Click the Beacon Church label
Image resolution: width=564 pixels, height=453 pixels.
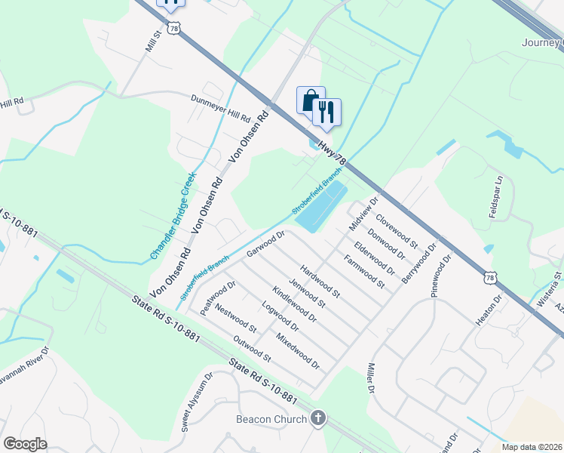pos(271,419)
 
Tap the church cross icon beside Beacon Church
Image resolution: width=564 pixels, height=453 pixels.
pos(318,418)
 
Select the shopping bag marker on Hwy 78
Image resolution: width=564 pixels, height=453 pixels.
pos(310,100)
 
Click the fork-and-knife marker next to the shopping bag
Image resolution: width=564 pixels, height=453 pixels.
pos(326,112)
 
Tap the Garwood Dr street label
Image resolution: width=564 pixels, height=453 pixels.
pos(265,244)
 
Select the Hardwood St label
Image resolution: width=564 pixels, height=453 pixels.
pos(320,280)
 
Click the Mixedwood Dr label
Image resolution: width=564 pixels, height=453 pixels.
pos(299,351)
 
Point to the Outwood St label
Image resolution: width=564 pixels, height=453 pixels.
pos(252,348)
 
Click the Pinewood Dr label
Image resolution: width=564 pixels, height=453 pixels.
pos(441,275)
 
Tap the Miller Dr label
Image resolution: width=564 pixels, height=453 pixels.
pos(371,377)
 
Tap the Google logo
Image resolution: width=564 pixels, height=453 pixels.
pos(25,444)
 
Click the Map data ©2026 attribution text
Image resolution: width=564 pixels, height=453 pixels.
pos(532,447)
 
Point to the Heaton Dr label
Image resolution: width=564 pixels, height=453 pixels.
pos(498,310)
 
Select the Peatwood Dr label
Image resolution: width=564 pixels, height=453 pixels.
pos(219,297)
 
